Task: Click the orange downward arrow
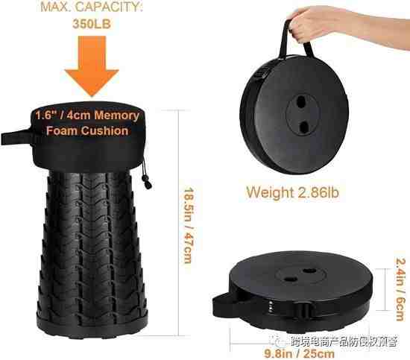point(92,66)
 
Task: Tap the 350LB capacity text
point(92,24)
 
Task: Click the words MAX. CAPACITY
point(92,7)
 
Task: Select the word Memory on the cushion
point(116,116)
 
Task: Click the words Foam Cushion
point(87,131)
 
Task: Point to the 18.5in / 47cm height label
point(189,225)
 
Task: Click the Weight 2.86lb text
point(293,192)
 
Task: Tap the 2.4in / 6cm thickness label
point(400,289)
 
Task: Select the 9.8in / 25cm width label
point(300,354)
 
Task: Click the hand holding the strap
point(348,25)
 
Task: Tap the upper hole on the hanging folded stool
point(301,101)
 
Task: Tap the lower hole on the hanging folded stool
point(303,127)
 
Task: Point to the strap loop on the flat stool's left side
point(222,305)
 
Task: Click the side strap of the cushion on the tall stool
point(16,137)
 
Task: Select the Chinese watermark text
point(344,341)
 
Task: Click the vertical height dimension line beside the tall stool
point(179,223)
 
